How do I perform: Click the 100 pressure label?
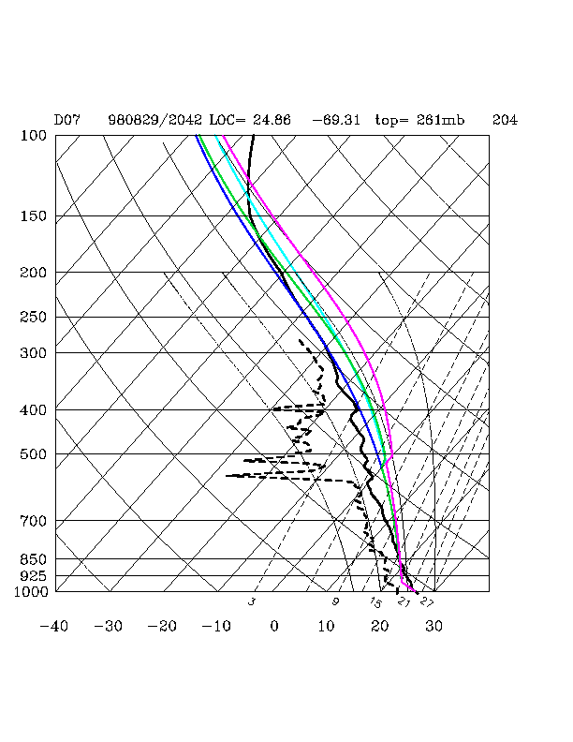pos(33,136)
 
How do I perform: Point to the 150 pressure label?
pos(33,216)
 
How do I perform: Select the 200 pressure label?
pos(33,273)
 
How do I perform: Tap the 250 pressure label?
pos(33,318)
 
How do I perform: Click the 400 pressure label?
pos(33,410)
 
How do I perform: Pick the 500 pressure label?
pos(33,454)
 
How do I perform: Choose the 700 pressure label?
pos(33,521)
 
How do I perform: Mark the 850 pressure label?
pos(33,559)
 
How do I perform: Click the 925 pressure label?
pos(33,575)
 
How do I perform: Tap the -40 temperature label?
pos(54,625)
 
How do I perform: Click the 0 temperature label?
pos(274,625)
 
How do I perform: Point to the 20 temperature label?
pos(380,625)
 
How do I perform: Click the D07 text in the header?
pos(66,121)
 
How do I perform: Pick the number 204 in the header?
pos(505,121)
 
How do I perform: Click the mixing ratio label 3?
pos(251,601)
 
